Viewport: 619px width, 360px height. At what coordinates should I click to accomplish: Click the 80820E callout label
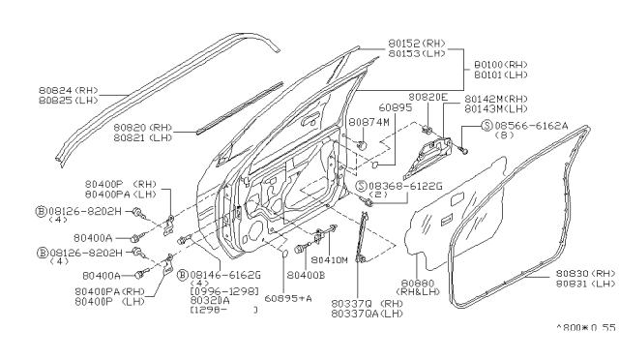pos(428,97)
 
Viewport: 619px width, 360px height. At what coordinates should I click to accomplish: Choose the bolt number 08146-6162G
pos(224,275)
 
